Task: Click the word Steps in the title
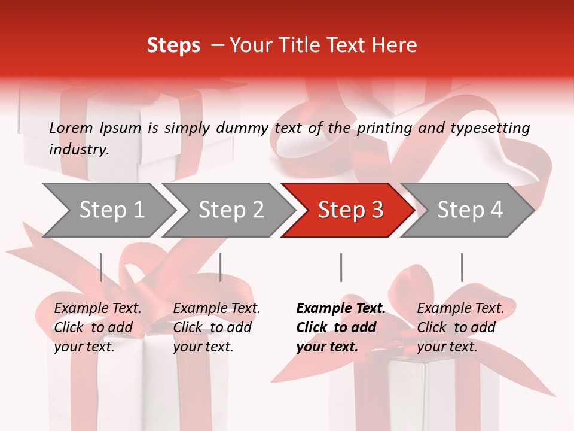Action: coord(173,45)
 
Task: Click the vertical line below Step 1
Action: coord(101,267)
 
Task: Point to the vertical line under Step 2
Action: coord(221,267)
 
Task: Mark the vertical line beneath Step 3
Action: coord(341,267)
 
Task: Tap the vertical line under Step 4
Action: coord(462,267)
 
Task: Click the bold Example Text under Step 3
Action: coord(341,327)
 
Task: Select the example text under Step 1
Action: coord(97,327)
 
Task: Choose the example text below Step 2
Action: coord(216,327)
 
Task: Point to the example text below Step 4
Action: coord(460,327)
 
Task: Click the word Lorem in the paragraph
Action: coord(71,128)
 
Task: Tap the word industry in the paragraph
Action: coord(79,149)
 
